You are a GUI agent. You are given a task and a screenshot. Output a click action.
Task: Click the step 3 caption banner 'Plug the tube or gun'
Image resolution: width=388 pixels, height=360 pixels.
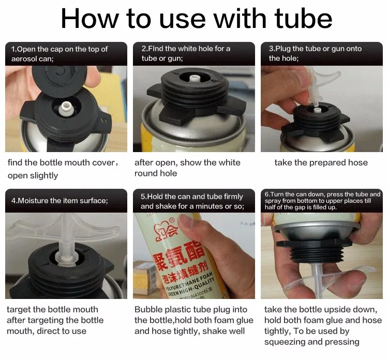tap(315, 53)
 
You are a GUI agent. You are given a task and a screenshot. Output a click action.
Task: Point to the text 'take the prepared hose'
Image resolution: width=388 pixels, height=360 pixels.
tap(321, 162)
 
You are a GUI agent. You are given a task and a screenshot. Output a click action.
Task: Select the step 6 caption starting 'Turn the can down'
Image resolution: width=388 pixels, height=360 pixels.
tap(322, 200)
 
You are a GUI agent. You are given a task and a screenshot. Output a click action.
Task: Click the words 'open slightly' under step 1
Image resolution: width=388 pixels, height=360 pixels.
tap(33, 175)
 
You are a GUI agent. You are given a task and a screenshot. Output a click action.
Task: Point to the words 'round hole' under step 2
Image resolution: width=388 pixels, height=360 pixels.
tap(156, 173)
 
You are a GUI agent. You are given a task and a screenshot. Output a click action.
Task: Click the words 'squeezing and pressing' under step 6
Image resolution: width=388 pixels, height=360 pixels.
tap(312, 342)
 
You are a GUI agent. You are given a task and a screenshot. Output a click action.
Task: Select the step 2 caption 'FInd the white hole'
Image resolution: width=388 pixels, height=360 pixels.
tap(186, 49)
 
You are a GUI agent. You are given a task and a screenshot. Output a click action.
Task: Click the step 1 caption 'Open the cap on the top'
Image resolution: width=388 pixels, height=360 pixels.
tap(59, 49)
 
